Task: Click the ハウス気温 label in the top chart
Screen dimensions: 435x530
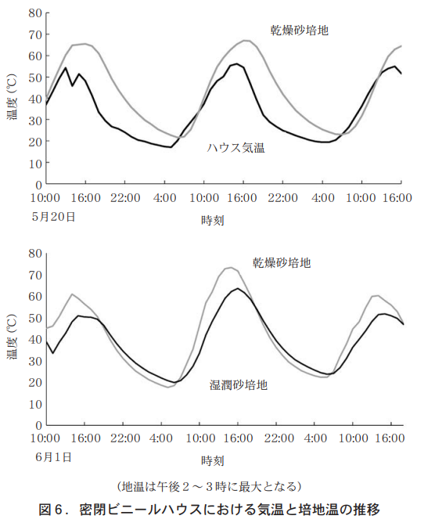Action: [x=235, y=148]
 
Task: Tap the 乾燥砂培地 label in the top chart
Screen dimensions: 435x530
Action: [x=299, y=31]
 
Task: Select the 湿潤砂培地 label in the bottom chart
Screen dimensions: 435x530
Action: [x=239, y=385]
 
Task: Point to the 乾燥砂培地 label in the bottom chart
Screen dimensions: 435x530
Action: [x=282, y=262]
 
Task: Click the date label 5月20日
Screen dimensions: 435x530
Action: [x=53, y=217]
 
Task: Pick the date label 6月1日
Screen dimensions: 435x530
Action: [x=53, y=457]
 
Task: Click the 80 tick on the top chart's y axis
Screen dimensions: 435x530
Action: [x=34, y=13]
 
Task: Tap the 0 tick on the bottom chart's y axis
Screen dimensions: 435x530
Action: [x=38, y=426]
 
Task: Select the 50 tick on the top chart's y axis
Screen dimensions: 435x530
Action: [x=34, y=78]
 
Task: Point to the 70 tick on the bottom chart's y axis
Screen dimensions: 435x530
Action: [x=34, y=275]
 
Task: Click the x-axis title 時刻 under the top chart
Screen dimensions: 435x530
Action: [x=213, y=221]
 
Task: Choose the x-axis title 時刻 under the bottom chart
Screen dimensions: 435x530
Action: [x=213, y=460]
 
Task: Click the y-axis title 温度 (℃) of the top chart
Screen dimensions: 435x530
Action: [x=13, y=98]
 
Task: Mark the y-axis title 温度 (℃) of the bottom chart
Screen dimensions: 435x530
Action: [x=13, y=338]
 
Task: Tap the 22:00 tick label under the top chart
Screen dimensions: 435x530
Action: [x=125, y=198]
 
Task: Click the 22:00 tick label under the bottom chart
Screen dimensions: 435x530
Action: [x=125, y=438]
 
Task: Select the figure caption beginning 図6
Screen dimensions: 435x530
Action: [x=210, y=510]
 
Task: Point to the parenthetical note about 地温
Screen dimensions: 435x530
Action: [x=209, y=486]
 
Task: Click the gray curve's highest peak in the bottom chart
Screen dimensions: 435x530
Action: [x=230, y=268]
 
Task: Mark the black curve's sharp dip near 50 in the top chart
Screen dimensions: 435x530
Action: [x=72, y=86]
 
